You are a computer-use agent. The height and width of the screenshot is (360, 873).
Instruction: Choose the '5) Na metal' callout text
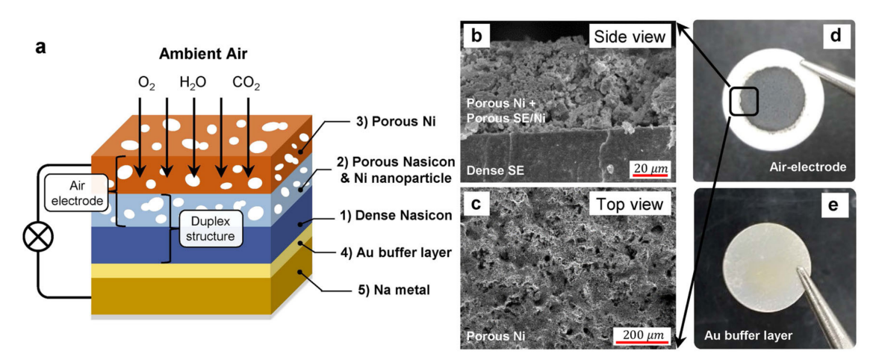(380, 288)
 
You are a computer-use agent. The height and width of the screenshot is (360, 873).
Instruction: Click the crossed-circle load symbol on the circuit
(35, 239)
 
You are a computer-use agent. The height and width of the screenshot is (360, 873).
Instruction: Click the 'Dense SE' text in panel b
(493, 170)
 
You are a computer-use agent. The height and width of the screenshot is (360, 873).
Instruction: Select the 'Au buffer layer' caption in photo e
(748, 335)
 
